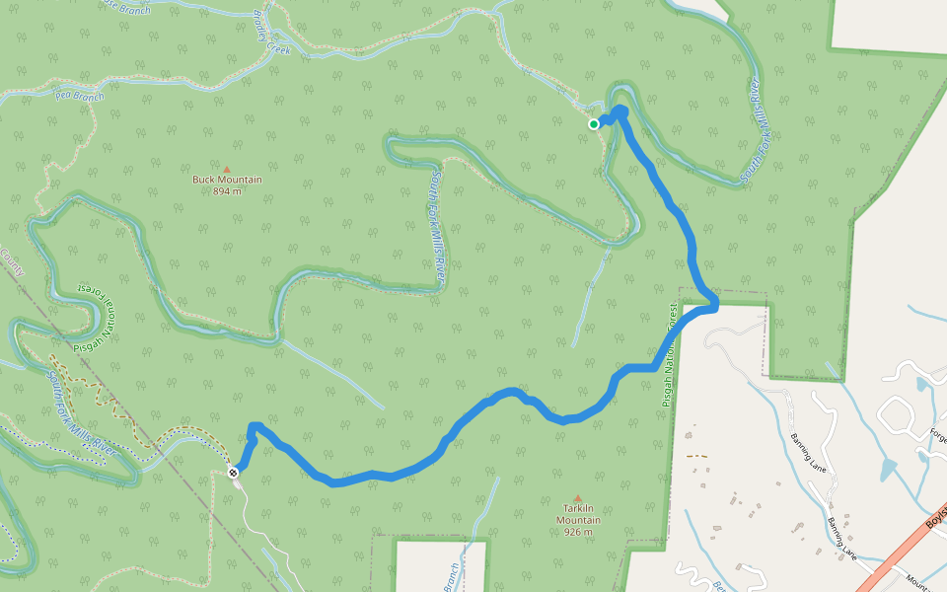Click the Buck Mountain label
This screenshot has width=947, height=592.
227,180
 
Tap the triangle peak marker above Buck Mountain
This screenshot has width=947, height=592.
227,169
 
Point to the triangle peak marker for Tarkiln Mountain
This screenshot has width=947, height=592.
577,497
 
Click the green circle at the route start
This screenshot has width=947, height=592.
594,124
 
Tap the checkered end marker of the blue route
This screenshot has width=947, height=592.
234,473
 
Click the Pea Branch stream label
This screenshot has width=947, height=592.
80,96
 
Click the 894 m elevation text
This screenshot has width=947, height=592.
227,191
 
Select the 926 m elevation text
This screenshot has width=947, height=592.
577,533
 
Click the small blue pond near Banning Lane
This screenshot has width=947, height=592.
888,470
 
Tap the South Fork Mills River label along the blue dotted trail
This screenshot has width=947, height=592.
83,406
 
